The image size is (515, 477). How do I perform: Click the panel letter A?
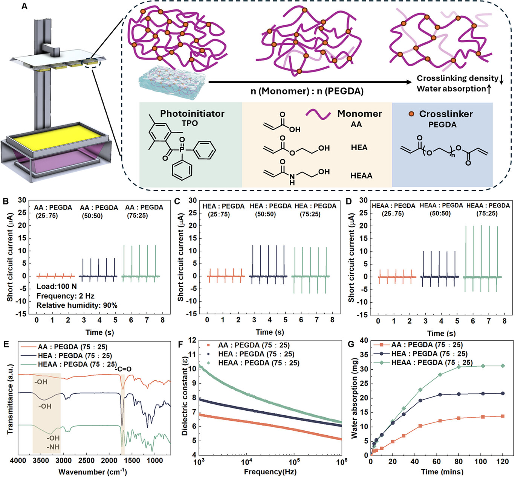(x=24, y=6)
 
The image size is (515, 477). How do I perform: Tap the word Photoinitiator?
(x=192, y=114)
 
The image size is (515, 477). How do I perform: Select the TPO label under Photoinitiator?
(x=189, y=123)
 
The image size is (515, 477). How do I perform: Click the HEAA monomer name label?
(x=361, y=176)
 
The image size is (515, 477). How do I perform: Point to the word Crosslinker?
(x=446, y=114)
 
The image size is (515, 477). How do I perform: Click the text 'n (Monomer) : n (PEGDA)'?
(x=307, y=91)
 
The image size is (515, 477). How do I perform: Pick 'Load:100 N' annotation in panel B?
(x=57, y=287)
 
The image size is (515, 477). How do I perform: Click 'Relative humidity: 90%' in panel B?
(x=77, y=305)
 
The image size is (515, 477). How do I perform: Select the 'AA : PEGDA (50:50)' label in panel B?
(x=99, y=212)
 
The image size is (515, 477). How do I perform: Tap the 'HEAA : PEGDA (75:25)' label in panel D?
(x=488, y=210)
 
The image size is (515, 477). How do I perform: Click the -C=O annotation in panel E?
(x=124, y=369)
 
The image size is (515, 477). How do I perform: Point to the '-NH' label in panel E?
(x=53, y=447)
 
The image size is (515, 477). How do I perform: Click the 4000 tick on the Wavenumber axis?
(x=18, y=461)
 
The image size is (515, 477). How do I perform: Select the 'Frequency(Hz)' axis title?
(x=270, y=472)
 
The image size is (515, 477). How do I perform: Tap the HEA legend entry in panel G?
(x=429, y=354)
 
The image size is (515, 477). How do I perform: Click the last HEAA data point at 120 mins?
(x=503, y=366)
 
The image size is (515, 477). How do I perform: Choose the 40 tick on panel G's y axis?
(x=364, y=340)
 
